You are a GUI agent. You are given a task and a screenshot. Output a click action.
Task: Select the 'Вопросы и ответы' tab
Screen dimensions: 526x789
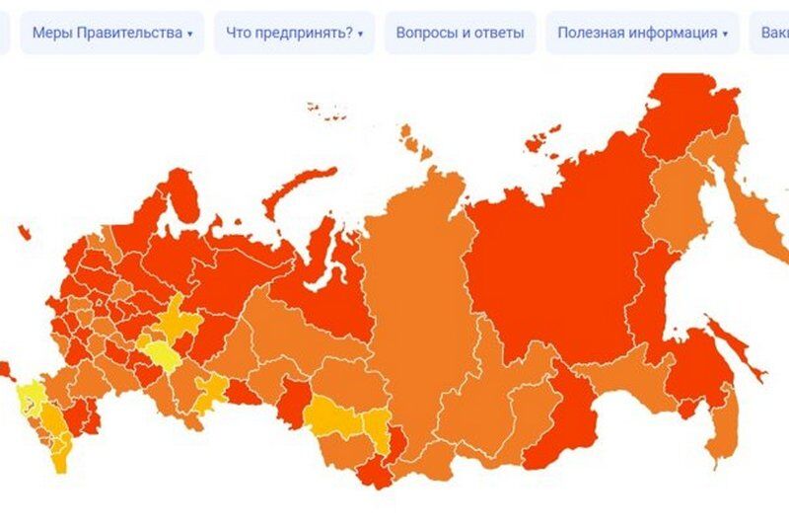point(460,33)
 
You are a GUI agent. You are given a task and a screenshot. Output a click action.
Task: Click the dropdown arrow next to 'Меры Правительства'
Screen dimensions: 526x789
point(190,34)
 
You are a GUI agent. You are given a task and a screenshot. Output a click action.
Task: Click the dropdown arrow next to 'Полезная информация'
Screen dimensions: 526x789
point(725,34)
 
